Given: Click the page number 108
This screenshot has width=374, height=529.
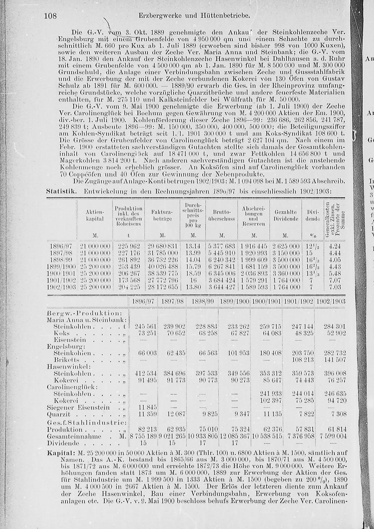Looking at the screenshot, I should pyautogui.click(x=50, y=16).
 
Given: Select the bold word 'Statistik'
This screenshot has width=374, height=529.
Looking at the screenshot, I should pyautogui.click(x=61, y=191).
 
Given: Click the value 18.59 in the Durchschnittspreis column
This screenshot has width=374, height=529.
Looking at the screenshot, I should pyautogui.click(x=193, y=273).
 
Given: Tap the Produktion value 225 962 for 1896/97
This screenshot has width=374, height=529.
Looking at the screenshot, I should pyautogui.click(x=129, y=246).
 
